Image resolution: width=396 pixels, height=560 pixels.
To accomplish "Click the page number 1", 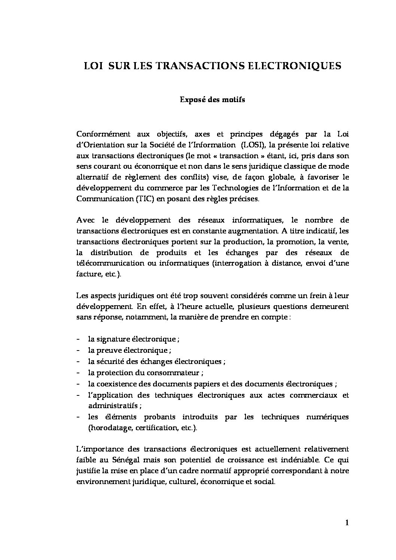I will pyautogui.click(x=347, y=523).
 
